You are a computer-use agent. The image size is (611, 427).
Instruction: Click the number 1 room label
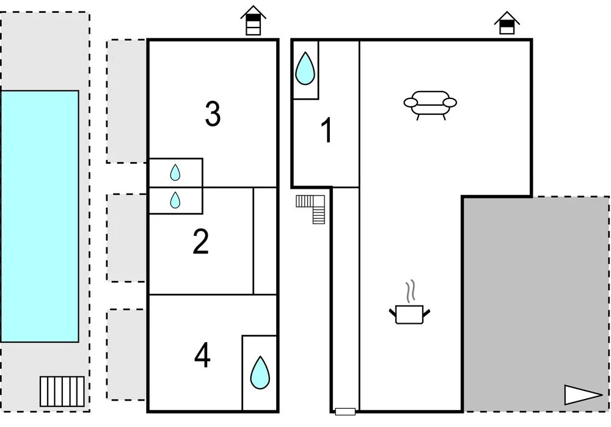(327, 131)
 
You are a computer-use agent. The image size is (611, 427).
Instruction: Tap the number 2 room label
(200, 242)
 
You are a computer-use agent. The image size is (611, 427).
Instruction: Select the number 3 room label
(212, 115)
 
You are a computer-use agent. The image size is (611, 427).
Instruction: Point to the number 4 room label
(202, 356)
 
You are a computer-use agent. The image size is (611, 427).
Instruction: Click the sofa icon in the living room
(431, 104)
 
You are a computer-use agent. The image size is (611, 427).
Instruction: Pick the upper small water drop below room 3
(175, 173)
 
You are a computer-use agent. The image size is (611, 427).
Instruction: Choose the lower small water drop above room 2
(175, 200)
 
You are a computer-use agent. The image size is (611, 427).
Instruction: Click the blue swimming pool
(40, 216)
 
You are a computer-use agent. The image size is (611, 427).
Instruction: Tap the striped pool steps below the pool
(62, 391)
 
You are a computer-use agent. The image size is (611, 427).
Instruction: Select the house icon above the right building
(507, 23)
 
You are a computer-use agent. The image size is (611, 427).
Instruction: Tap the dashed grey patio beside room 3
(127, 101)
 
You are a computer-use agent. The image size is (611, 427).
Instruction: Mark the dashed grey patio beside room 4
(127, 354)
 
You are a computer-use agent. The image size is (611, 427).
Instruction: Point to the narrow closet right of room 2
(266, 241)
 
